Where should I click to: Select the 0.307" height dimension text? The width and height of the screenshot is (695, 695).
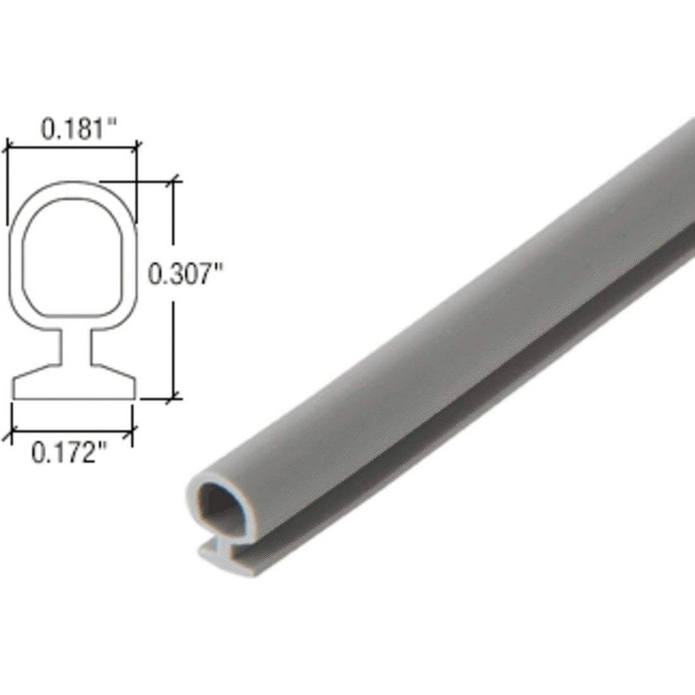186,275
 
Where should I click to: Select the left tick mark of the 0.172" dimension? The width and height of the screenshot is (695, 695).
12,430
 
